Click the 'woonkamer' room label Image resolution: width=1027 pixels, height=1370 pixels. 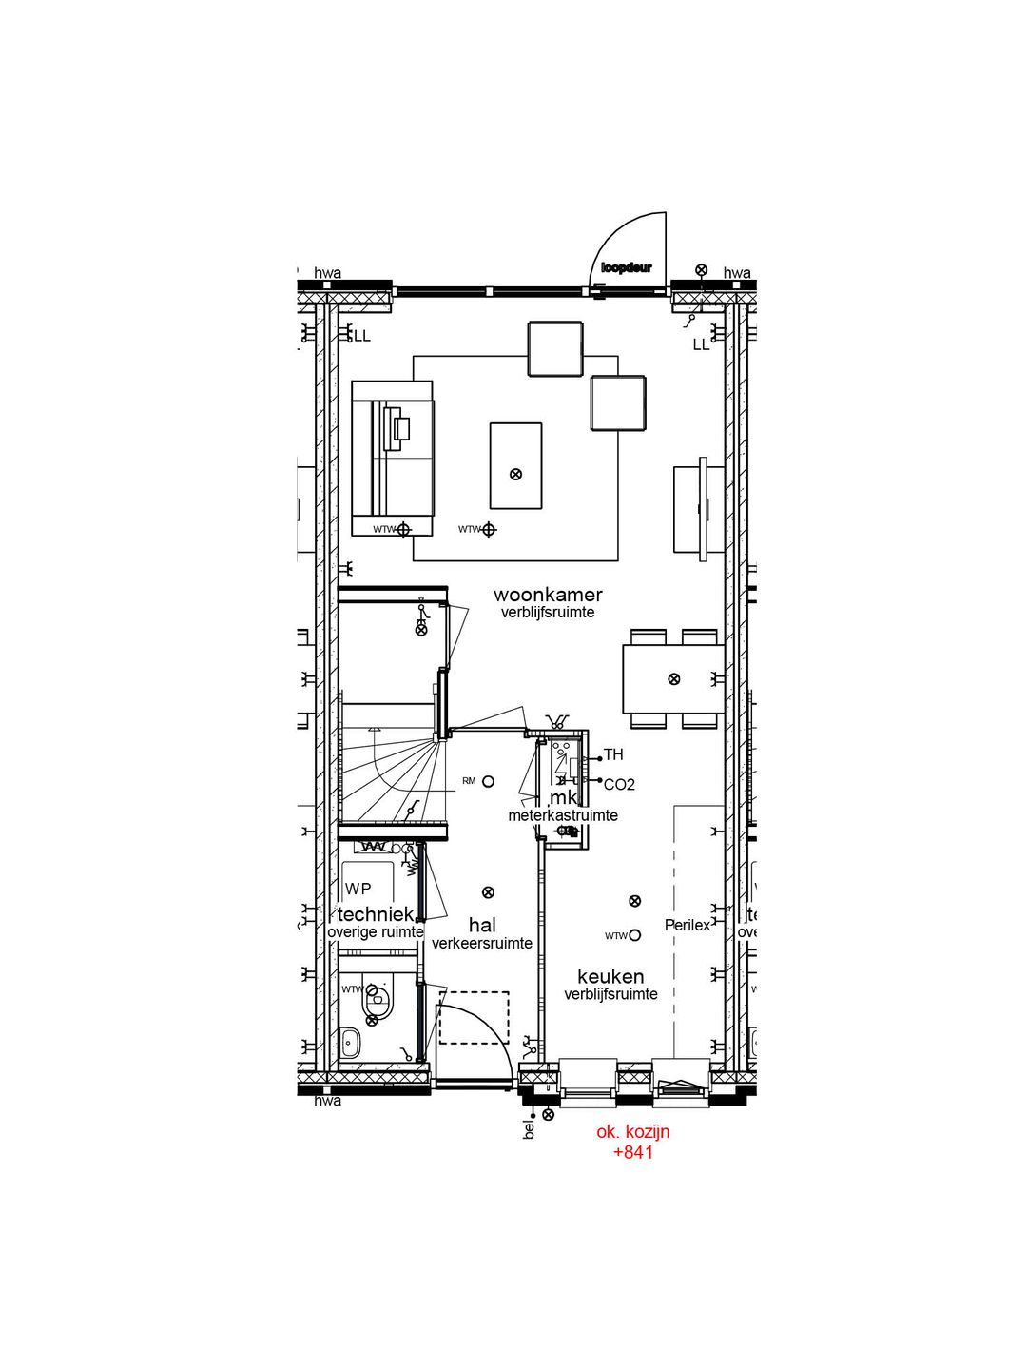point(548,595)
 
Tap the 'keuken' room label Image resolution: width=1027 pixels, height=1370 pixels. point(610,976)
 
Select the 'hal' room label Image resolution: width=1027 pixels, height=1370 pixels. point(482,925)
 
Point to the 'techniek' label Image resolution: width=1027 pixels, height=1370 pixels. point(375,914)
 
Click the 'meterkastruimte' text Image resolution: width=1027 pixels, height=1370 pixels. point(563,815)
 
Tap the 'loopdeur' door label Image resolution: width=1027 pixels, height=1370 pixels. point(627,268)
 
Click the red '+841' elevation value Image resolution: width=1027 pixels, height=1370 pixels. point(633,1152)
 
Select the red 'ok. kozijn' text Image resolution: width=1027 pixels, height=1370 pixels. point(633,1131)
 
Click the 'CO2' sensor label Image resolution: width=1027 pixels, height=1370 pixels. point(619,785)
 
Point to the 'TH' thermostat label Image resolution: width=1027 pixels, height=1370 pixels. point(613,754)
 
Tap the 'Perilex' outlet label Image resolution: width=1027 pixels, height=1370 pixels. point(687,925)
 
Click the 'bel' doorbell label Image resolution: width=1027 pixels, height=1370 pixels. point(530,1129)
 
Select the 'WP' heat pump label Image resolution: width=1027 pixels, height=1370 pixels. point(358,889)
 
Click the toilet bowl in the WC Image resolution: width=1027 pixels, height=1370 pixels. point(378,997)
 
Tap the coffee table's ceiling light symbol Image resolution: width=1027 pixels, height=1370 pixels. point(515,474)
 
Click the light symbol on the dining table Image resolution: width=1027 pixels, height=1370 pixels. point(674,679)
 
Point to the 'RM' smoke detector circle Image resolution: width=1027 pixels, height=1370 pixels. point(488,781)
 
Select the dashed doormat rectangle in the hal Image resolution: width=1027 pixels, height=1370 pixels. point(474,1017)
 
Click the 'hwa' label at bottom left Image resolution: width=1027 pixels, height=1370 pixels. point(327,1101)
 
